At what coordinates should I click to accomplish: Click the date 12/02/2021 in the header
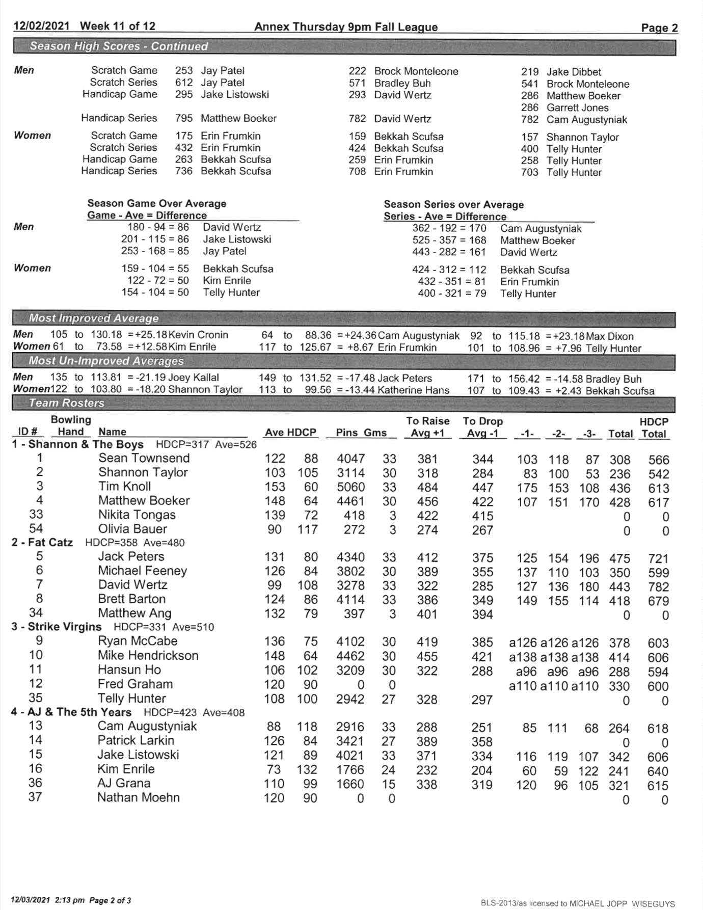point(42,26)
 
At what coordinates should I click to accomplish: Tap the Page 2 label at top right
point(659,28)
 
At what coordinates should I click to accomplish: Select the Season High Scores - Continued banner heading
point(119,46)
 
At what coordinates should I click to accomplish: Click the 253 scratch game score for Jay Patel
point(184,71)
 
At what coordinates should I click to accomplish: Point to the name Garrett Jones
point(577,108)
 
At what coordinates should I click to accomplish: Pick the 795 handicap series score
point(184,118)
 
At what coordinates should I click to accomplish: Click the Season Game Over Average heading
point(156,203)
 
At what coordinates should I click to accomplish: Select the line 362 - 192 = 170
point(449,228)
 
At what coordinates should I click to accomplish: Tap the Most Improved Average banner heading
point(94,318)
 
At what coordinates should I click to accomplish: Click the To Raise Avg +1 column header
point(427,427)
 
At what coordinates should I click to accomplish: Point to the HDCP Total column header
point(654,427)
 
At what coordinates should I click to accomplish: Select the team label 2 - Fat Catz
point(42,543)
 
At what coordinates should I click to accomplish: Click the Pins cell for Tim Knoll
point(350,487)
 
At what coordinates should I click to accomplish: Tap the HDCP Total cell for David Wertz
point(658,587)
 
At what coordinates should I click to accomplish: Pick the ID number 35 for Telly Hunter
point(36,698)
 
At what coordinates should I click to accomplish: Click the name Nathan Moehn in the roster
point(138,797)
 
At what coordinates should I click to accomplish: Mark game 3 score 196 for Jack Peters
point(589,558)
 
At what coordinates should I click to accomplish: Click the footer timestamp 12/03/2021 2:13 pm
point(47,900)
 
